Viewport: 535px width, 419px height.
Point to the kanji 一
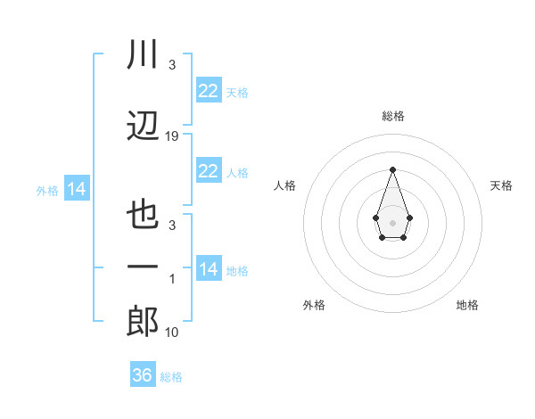pos(144,267)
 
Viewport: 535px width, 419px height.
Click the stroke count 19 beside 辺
pos(172,136)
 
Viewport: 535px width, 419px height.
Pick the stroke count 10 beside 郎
pos(172,333)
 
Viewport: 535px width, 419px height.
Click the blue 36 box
pos(142,375)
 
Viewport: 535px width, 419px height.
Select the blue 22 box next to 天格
pos(208,91)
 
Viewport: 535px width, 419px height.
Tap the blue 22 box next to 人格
pos(208,171)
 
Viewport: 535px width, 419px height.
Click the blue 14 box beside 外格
pos(77,189)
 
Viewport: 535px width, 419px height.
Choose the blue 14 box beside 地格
pos(208,269)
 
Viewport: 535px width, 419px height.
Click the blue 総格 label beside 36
pos(171,377)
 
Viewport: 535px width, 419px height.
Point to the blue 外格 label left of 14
pos(47,191)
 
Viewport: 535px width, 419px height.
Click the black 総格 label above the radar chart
pos(393,116)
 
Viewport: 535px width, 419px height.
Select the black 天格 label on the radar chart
pos(502,185)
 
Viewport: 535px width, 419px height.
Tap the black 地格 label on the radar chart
pos(467,305)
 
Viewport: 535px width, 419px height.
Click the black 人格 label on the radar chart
pos(284,185)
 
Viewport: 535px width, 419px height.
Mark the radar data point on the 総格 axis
pos(392,168)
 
